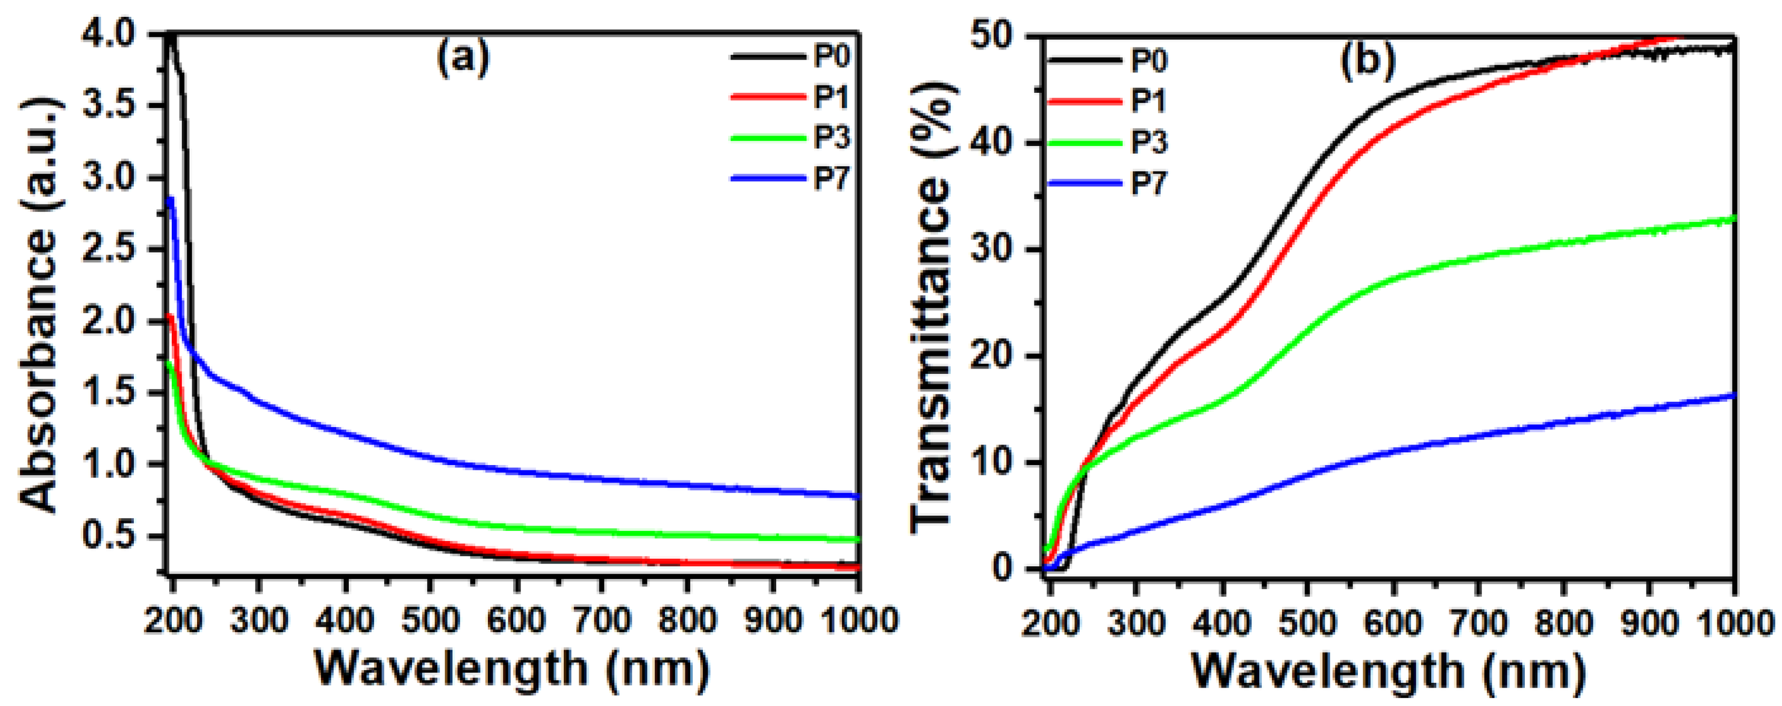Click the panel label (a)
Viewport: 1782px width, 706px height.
click(463, 58)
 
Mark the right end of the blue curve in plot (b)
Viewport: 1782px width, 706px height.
click(1733, 396)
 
